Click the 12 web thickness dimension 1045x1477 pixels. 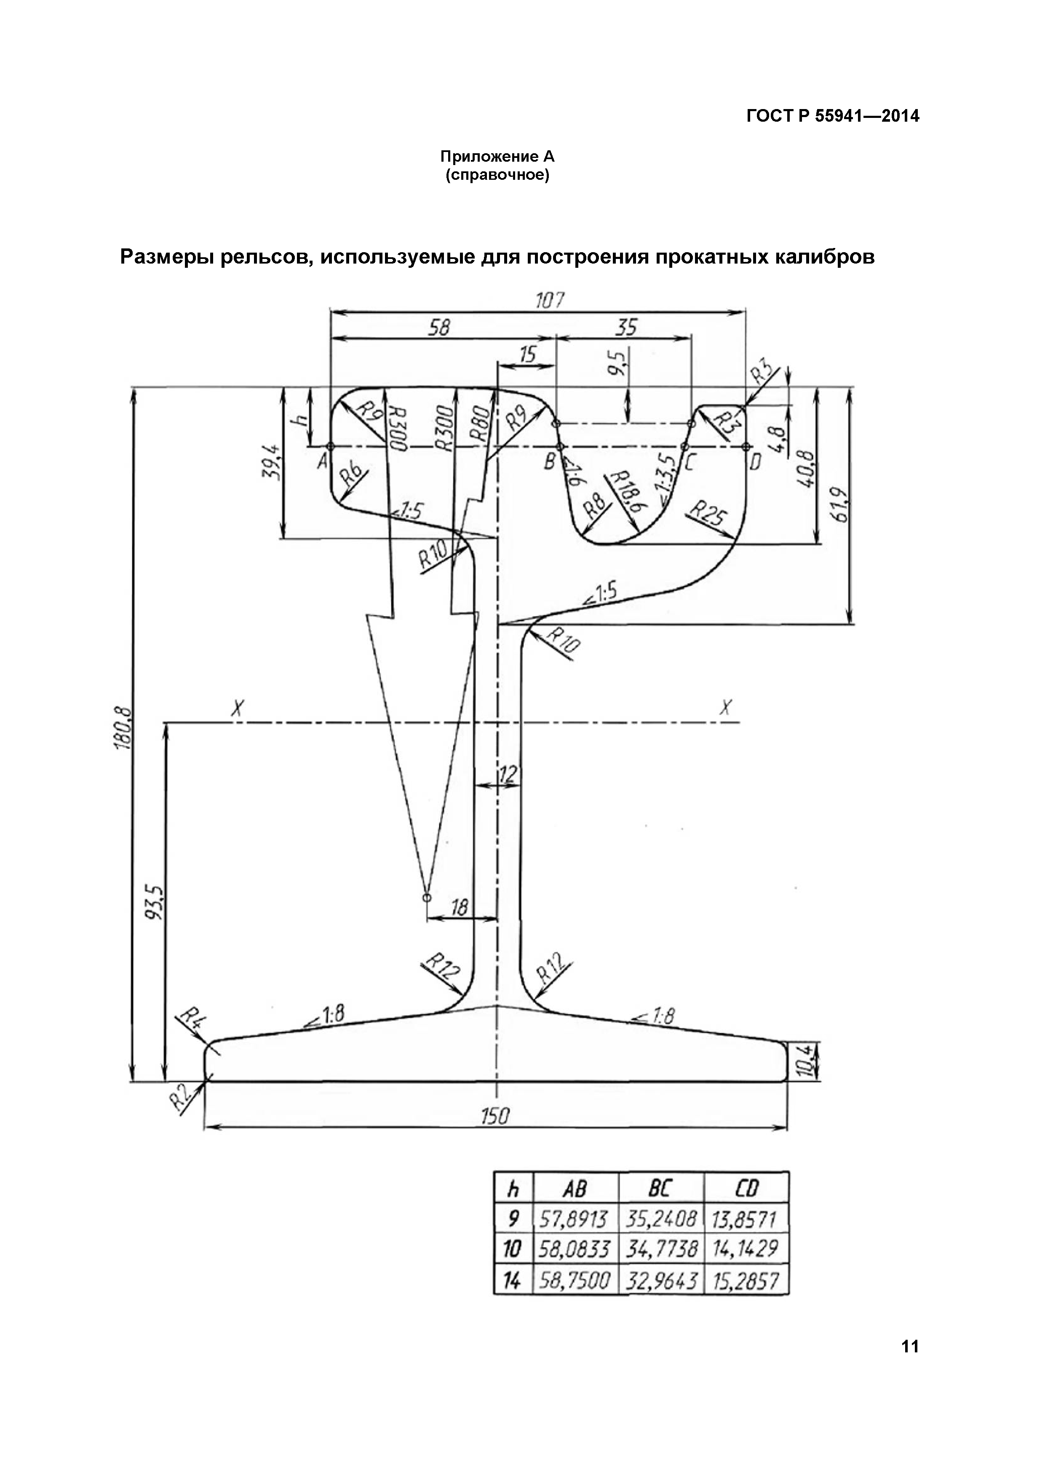[x=508, y=775]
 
